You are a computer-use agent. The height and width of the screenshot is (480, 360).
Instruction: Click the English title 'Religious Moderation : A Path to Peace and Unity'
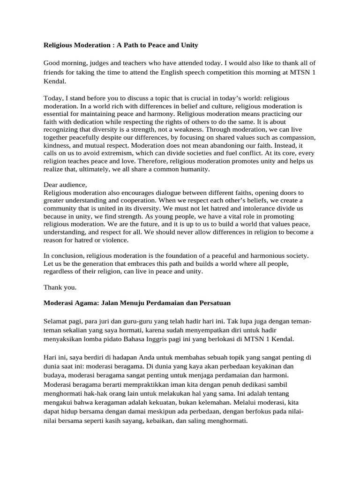(120, 45)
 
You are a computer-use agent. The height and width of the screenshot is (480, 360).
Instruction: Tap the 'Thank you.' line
(60, 287)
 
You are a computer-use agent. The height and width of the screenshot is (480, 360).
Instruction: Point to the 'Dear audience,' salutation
(65, 185)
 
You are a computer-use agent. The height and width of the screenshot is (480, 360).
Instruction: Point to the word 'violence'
(116, 240)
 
